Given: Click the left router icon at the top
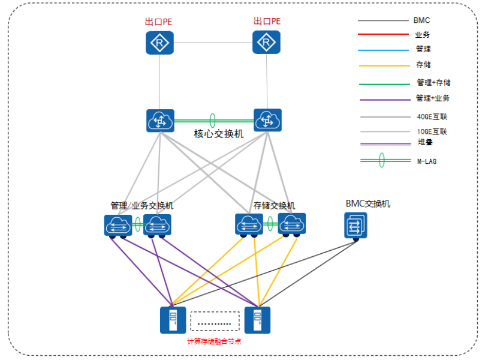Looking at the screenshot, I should pos(159,43).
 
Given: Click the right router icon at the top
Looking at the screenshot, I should pos(266,43).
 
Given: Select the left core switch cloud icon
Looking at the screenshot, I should pos(160,121).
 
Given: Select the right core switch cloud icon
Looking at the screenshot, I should pos(267,121).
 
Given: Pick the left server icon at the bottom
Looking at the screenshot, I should pos(173,320).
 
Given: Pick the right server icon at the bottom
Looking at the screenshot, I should pos(257,320).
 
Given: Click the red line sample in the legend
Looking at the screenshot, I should pos(383,35).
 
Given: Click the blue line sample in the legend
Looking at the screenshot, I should pos(383,50).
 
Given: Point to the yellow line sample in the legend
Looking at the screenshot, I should pos(383,65).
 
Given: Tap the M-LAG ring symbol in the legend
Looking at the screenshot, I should pos(382,161).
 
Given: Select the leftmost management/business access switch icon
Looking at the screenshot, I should pos(118,225).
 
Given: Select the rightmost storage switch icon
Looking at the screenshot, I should pos(292,223).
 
